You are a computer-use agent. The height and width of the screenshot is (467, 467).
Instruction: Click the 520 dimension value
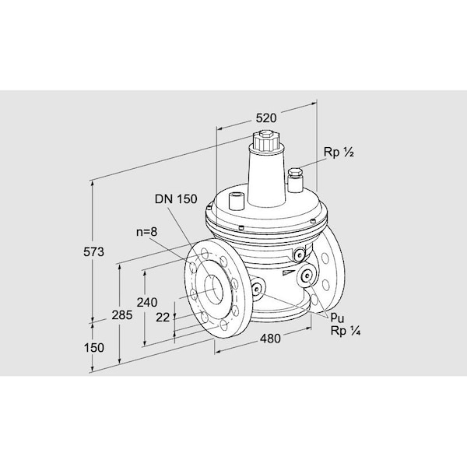(266, 118)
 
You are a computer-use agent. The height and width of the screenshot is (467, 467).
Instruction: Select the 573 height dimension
(93, 252)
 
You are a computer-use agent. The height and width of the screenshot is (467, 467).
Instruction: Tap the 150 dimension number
(94, 348)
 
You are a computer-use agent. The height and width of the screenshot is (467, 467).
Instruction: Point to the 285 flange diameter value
(122, 314)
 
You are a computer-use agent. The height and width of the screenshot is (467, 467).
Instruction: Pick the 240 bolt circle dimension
(147, 302)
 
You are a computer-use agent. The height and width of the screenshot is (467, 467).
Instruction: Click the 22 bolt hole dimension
(163, 318)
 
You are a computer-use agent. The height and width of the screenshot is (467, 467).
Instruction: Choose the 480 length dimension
(270, 339)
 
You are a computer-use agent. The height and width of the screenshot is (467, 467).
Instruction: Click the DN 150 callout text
(176, 199)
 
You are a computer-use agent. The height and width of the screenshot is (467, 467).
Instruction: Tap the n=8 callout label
(146, 232)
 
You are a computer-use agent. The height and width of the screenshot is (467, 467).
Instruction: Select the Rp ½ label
(339, 153)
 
